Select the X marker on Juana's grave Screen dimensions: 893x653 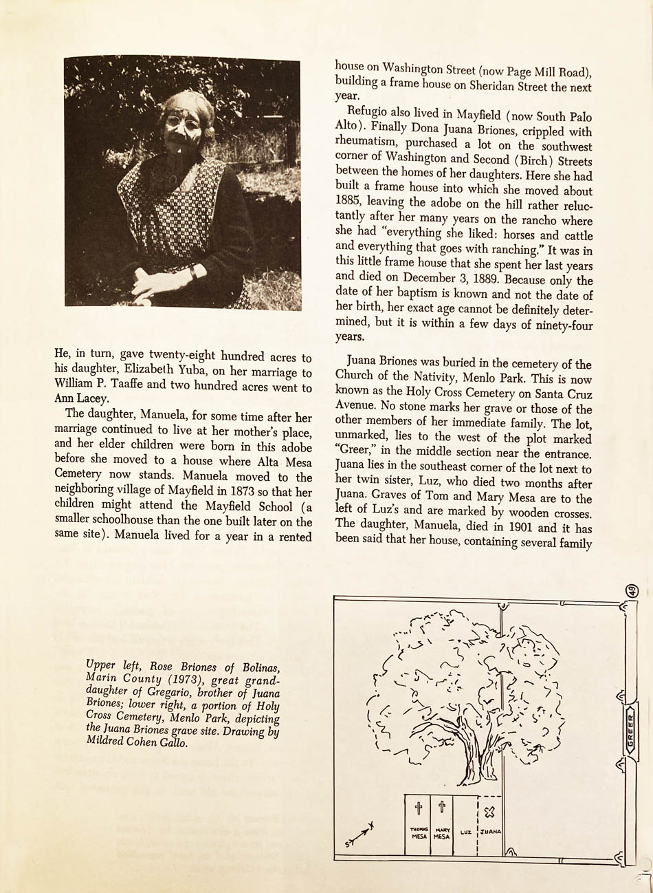point(489,813)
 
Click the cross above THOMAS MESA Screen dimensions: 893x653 point(418,807)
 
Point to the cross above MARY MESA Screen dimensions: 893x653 point(441,806)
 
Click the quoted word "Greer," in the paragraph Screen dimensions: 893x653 point(356,454)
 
